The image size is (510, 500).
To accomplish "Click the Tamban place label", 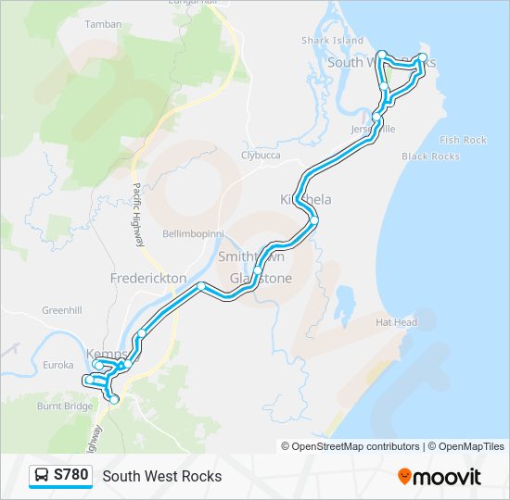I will tap(103, 24).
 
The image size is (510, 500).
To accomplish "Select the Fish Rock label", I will tap(463, 140).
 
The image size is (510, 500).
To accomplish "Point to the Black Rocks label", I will tap(430, 156).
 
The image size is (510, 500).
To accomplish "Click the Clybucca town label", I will tap(261, 155).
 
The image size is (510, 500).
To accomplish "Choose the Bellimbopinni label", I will tap(189, 232).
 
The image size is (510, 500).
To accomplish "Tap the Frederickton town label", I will tap(148, 278).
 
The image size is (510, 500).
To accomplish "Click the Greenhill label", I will tap(62, 310).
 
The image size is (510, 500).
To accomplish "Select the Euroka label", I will tap(57, 365).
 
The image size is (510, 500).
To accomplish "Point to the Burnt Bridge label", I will tap(65, 406).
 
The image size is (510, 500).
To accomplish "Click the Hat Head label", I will tap(396, 322).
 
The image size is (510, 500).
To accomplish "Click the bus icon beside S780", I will tap(42, 476).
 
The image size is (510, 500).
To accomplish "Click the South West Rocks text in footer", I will tap(162, 476).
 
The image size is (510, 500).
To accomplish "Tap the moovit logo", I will tap(440, 476).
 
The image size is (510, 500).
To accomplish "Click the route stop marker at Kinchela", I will tap(314, 220).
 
